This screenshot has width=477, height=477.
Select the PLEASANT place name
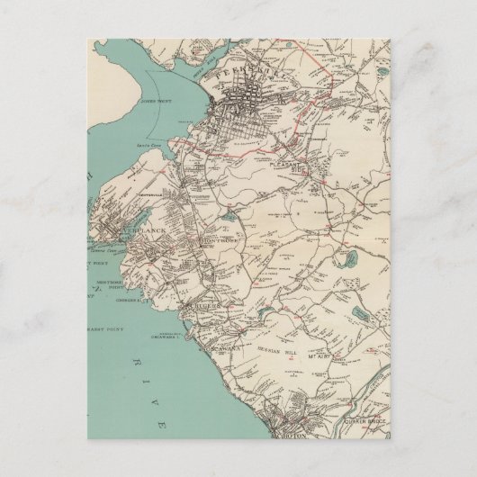point(287,166)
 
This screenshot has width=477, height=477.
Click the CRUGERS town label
point(203,302)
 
